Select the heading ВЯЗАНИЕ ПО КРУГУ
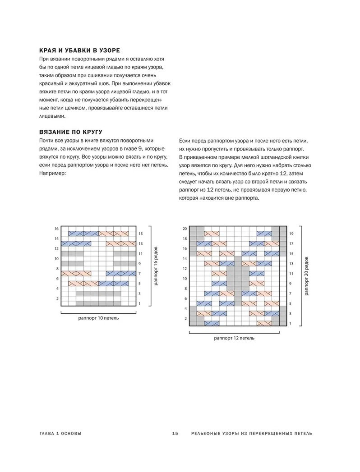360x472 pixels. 71,132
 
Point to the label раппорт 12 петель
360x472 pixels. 234,338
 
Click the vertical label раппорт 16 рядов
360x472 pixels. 156,266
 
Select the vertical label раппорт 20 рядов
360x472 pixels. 307,276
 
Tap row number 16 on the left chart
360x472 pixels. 57,229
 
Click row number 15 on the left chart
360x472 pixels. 141,234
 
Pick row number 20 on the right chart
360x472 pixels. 185,229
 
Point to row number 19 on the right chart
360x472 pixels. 291,234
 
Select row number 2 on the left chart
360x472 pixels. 57,298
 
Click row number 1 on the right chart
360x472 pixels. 290,324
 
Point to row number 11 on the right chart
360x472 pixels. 291,274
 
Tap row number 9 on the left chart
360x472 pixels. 140,264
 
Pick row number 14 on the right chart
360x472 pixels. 185,259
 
